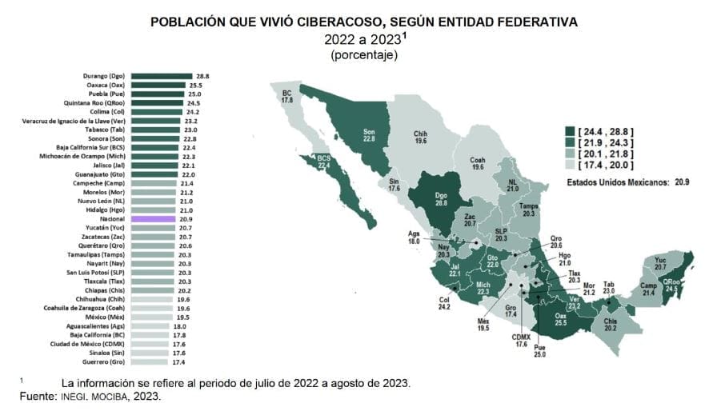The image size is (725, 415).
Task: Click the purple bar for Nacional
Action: [x=152, y=218]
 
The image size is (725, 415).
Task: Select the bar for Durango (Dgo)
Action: [x=169, y=75]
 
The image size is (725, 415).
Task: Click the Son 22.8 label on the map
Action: [x=370, y=134]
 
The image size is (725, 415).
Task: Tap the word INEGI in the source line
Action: [x=70, y=396]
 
